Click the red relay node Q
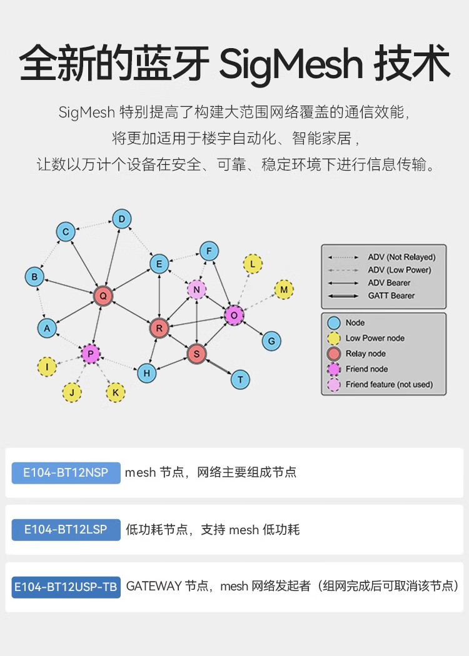pos(103,296)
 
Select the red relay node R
pos(159,327)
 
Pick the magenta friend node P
pos(91,354)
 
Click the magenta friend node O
pos(234,316)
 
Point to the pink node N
pos(196,289)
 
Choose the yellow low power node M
pos(284,289)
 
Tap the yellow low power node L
pos(253,264)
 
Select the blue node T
pos(240,379)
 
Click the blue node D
pos(122,219)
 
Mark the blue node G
pos(271,341)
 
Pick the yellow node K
pos(116,392)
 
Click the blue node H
pos(146,373)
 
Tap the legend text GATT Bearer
pos(391,296)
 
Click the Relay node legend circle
pos(334,354)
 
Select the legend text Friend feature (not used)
pos(389,384)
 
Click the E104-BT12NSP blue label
pos(66,472)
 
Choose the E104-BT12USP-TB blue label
pos(66,587)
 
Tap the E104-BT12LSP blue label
pos(66,530)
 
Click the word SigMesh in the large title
pos(291,63)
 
